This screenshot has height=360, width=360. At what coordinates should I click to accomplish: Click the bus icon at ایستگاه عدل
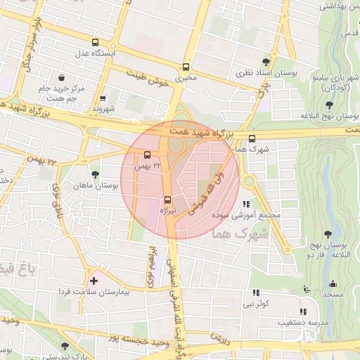95,42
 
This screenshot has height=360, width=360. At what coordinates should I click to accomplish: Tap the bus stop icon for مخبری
186,67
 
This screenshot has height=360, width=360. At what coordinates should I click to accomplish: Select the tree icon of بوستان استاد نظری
265,62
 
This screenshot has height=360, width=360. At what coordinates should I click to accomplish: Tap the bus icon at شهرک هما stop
252,138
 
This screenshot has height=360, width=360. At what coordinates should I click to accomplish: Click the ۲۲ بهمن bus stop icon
148,155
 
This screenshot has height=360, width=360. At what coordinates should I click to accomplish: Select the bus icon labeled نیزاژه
167,199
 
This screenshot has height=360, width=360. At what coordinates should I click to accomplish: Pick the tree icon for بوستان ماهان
95,174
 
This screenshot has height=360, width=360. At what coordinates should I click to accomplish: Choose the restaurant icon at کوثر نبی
256,292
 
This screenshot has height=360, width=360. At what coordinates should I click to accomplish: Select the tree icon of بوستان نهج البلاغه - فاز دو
328,234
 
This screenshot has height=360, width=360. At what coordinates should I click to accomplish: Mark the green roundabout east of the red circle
249,181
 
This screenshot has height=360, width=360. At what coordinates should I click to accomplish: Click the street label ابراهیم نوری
150,266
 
